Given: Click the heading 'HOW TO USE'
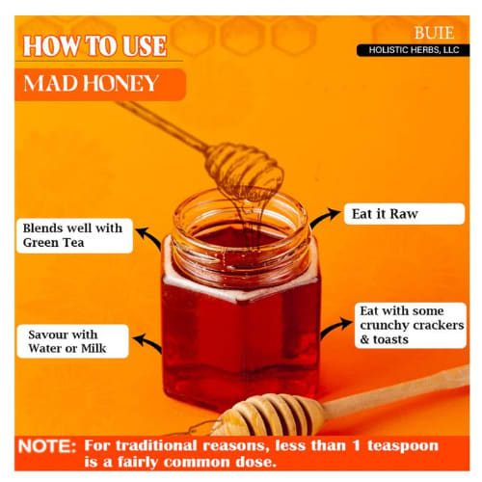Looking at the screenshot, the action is coord(94,46).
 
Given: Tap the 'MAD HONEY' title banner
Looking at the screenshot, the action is coord(100,84).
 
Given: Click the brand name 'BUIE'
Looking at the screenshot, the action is coord(434,33).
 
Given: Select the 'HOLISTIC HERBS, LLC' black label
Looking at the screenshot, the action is coord(413,50).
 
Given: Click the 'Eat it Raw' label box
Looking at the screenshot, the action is coord(404,214).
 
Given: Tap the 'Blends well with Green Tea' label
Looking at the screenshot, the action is coord(74,235).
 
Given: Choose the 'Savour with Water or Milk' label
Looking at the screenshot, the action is coord(72,341).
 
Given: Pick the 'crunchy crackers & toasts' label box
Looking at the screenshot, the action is coord(411,325).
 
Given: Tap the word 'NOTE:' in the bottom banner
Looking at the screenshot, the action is coord(47,446).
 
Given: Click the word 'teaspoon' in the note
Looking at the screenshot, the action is coord(403,445).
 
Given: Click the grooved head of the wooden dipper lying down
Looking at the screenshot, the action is coord(268,415).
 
